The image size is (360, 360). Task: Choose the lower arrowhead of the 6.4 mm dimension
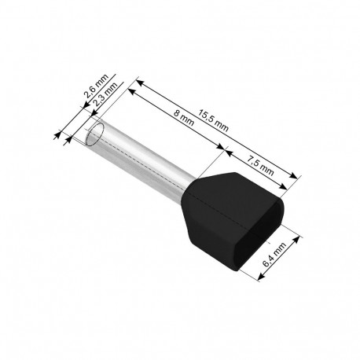pos(262,276)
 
